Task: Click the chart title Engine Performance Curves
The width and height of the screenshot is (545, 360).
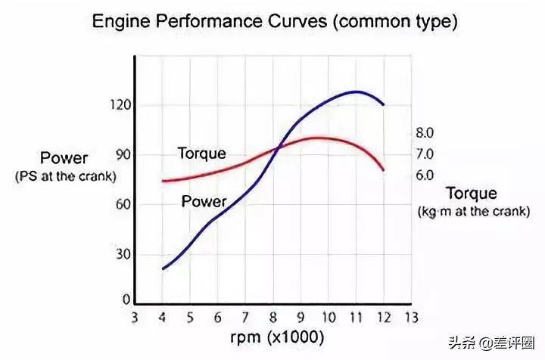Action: [274, 22]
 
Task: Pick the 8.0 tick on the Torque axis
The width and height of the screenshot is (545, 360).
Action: [425, 133]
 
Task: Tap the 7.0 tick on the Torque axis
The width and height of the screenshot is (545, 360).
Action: [425, 154]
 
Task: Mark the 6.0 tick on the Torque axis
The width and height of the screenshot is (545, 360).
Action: [425, 175]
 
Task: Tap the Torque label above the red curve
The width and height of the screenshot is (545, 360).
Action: [201, 154]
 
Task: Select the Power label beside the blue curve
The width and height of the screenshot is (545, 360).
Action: [204, 202]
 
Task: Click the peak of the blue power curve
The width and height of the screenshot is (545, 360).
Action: [355, 92]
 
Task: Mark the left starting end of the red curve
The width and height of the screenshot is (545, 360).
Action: [163, 181]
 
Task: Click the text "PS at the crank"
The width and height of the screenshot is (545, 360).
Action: [64, 176]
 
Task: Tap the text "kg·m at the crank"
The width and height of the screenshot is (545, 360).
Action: [473, 212]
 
